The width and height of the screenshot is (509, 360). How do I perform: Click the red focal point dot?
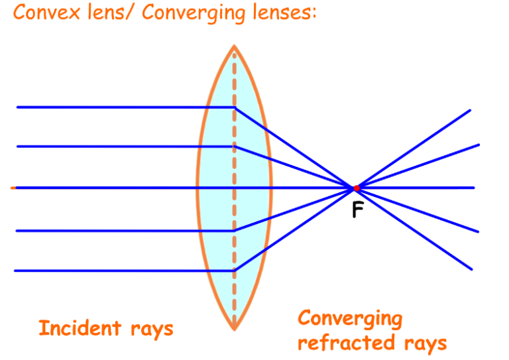click(357, 188)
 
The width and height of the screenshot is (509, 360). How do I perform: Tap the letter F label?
click(357, 210)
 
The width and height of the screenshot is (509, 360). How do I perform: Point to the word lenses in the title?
click(282, 13)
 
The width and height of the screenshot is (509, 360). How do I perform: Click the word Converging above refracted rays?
click(350, 319)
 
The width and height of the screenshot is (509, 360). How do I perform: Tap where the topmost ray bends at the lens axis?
click(234, 107)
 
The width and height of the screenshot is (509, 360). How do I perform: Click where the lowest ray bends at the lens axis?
click(234, 270)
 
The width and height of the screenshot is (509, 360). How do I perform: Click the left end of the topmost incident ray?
click(17, 107)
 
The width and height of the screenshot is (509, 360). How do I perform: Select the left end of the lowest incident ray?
click(15, 270)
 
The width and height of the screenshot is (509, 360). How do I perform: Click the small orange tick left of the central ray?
click(13, 188)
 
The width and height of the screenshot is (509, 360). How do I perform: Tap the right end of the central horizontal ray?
click(474, 188)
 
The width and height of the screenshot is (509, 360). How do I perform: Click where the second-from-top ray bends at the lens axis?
click(234, 146)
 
